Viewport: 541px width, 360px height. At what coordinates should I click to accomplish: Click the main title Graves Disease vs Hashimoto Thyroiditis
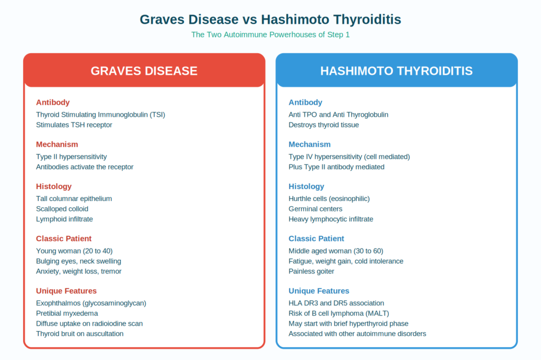click(270, 20)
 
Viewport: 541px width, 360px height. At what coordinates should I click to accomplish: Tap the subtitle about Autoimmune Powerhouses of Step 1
click(270, 34)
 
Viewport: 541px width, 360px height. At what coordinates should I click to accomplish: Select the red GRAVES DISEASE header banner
click(144, 70)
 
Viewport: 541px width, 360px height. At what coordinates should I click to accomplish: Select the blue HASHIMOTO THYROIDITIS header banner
click(396, 70)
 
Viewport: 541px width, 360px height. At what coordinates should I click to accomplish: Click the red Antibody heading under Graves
click(53, 102)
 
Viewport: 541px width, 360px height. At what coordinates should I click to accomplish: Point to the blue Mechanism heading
click(310, 145)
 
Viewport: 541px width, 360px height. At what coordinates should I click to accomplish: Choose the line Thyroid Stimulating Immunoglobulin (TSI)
click(100, 115)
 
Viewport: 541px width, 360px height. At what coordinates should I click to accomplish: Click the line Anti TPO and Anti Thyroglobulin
click(339, 115)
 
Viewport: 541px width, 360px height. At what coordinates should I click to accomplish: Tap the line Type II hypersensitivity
click(71, 157)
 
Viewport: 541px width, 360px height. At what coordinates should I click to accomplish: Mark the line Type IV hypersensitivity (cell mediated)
click(349, 157)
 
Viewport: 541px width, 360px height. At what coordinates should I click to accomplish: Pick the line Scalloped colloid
click(62, 209)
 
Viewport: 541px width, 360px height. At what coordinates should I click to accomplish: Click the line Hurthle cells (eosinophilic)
click(329, 198)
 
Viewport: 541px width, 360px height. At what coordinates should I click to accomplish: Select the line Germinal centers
click(315, 209)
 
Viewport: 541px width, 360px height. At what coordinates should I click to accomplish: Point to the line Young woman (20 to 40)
click(74, 251)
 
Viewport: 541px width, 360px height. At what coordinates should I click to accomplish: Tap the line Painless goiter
click(311, 271)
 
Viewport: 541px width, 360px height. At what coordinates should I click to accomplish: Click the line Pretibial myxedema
click(67, 314)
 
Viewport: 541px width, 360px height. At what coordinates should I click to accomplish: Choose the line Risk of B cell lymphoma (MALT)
click(339, 314)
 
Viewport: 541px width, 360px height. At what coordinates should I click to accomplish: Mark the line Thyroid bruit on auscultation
click(80, 334)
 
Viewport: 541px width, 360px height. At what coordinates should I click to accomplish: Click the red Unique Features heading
click(66, 291)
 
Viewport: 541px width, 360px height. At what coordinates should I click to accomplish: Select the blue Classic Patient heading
click(316, 239)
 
